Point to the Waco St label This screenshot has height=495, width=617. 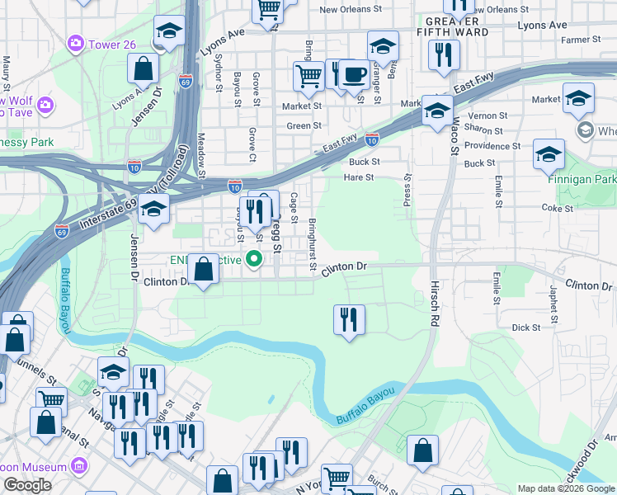pos(454,136)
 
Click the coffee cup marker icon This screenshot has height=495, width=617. pos(354,75)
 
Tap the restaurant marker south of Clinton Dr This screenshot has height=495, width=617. pos(349,319)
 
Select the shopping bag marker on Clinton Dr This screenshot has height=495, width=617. pos(203,270)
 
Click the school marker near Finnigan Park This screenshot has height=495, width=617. pos(549,154)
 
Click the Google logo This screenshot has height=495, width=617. pos(27,485)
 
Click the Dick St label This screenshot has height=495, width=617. pos(525,328)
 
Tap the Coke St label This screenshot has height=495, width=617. pos(558,209)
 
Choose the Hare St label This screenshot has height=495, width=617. pos(359,177)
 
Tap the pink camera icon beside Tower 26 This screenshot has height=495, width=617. pos(76,41)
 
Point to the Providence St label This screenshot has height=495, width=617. pos(492,145)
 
